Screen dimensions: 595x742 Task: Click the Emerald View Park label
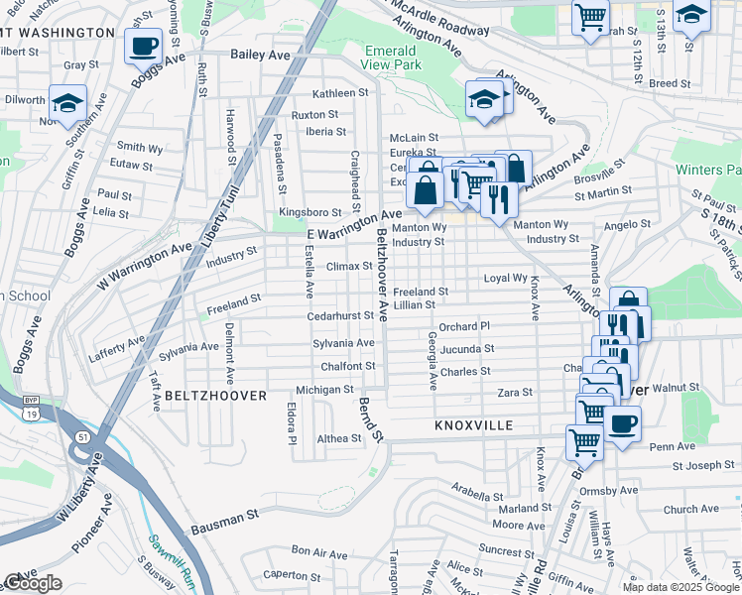point(393,58)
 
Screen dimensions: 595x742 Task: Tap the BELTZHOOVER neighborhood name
point(215,396)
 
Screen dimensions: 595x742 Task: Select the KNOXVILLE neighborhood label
point(473,425)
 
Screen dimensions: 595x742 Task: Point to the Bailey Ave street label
point(257,55)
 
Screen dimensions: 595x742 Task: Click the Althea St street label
point(339,437)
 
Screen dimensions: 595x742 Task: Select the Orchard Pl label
point(464,325)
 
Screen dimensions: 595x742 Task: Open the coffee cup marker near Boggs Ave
point(143,45)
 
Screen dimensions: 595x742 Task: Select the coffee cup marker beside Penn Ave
point(622,424)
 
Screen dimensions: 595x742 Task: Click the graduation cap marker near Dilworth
point(67,103)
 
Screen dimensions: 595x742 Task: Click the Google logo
point(34,583)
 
